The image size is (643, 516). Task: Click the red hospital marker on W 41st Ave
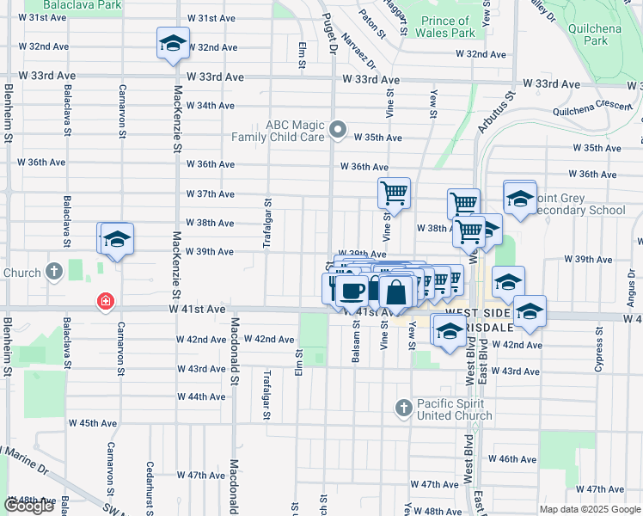pos(105,302)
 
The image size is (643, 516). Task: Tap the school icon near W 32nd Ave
pos(172,44)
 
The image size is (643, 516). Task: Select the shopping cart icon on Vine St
pos(394,193)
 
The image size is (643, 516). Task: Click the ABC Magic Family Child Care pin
pos(338,132)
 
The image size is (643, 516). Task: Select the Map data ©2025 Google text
pos(590,509)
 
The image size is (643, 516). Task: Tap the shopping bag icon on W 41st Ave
pos(396,293)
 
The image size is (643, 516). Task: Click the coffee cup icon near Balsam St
pos(351,290)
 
